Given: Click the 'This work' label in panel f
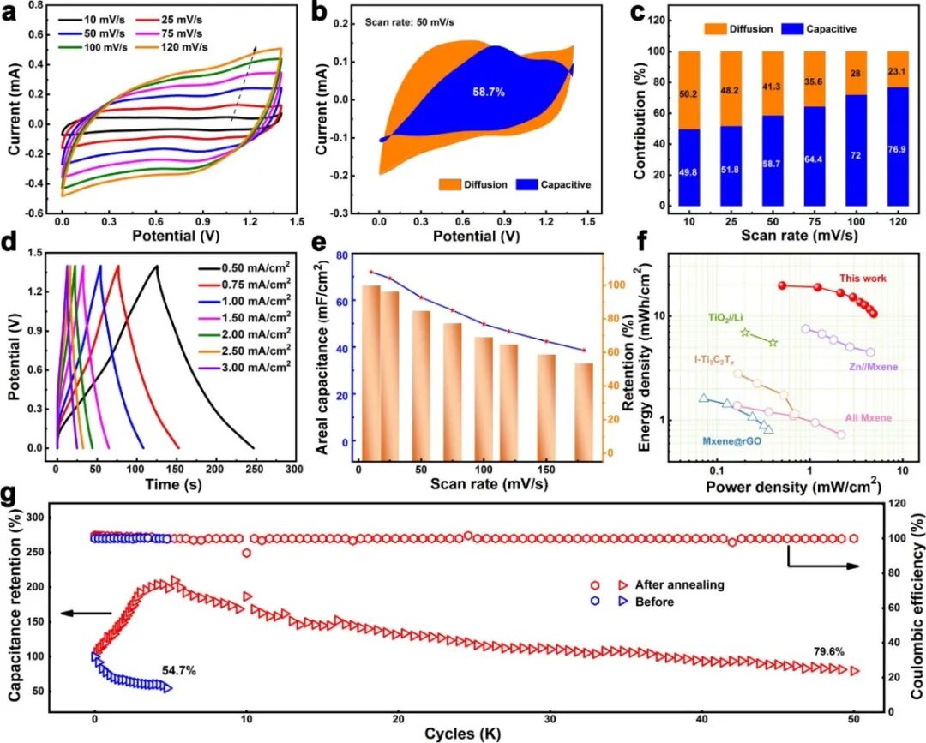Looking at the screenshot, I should [863, 278].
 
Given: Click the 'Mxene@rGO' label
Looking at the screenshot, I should [731, 442].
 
